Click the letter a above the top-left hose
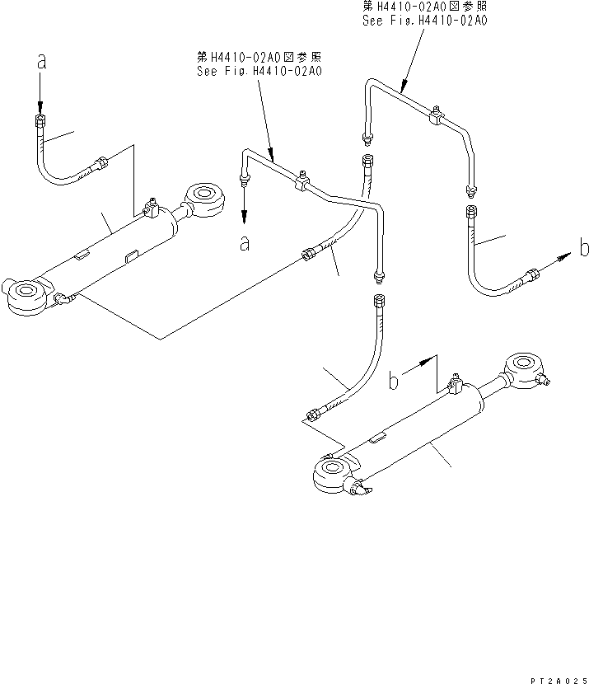click(39, 63)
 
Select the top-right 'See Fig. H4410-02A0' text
click(424, 21)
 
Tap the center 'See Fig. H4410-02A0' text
click(259, 71)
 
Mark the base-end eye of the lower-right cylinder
click(333, 474)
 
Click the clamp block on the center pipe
click(303, 184)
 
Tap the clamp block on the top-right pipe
click(434, 117)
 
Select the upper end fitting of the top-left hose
click(39, 123)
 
